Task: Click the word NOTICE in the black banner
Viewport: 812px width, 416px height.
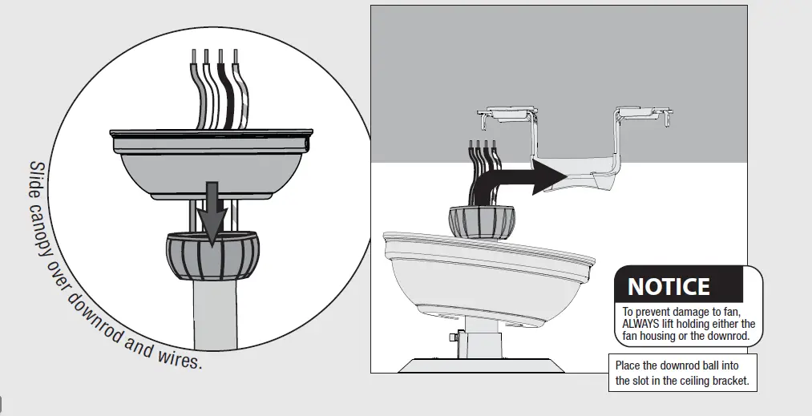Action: point(669,286)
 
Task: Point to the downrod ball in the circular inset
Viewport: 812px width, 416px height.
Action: point(212,255)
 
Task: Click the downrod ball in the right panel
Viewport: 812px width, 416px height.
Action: point(482,220)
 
